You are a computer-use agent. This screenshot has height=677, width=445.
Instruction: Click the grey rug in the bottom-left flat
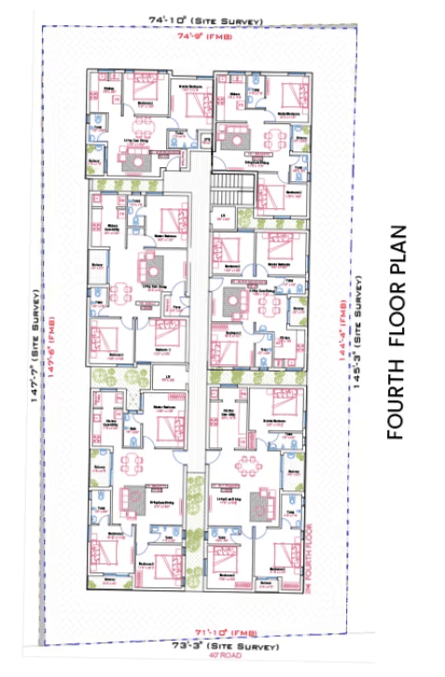137,496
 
